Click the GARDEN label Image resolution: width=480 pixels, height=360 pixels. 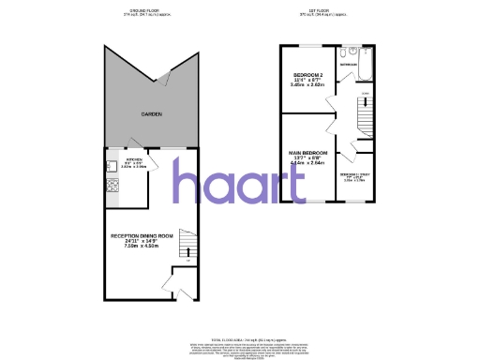coord(152,113)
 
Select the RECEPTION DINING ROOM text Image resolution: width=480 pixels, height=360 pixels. coord(143,235)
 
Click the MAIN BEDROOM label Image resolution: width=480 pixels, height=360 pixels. coord(307,152)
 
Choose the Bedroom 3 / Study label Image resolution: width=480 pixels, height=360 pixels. coord(354,174)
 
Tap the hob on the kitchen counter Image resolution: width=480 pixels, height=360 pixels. coord(112,186)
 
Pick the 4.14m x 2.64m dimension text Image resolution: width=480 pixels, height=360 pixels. coord(307,163)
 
